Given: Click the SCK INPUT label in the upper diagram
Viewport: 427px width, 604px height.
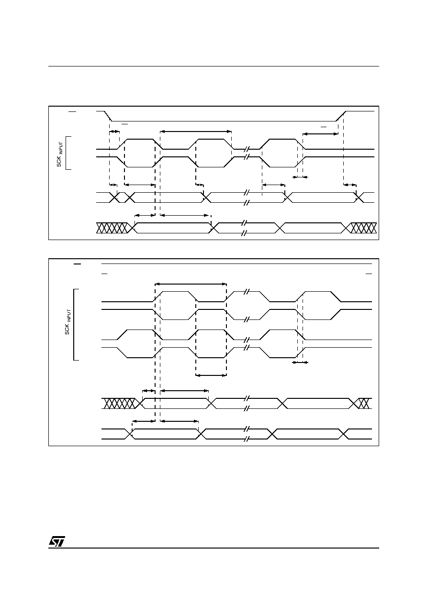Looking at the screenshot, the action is click(60, 154).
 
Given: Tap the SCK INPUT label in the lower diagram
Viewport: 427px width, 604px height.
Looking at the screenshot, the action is click(68, 322).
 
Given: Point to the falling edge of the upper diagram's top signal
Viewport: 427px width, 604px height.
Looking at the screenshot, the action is click(108, 116).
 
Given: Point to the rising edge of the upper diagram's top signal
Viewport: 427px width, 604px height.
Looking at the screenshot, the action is click(341, 116).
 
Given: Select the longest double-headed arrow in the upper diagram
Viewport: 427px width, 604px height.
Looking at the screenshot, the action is click(196, 132).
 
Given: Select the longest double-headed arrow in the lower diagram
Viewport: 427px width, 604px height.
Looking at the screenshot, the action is click(191, 284).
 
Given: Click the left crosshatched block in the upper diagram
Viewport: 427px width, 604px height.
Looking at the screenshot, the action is click(112, 228).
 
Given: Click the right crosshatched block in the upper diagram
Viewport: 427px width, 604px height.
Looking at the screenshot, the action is click(363, 228).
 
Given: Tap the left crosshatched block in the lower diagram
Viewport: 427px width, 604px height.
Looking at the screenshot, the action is click(120, 404).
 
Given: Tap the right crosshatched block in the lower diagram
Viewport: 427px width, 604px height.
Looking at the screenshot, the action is click(363, 404).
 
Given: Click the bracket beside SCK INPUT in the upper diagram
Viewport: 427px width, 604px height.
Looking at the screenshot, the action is click(66, 153).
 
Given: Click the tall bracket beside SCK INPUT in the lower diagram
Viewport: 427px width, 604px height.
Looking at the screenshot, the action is click(74, 325).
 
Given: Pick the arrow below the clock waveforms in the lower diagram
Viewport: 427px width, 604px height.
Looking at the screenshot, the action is click(211, 375).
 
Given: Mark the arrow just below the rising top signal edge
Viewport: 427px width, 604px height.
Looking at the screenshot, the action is click(320, 134).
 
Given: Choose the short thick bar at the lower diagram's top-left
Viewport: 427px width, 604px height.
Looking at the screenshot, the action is click(77, 264).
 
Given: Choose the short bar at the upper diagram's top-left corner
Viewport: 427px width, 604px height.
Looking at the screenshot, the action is click(72, 111).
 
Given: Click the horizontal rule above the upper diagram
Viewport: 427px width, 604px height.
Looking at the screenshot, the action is click(213, 66).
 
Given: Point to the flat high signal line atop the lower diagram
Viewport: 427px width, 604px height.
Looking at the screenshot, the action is click(236, 264).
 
